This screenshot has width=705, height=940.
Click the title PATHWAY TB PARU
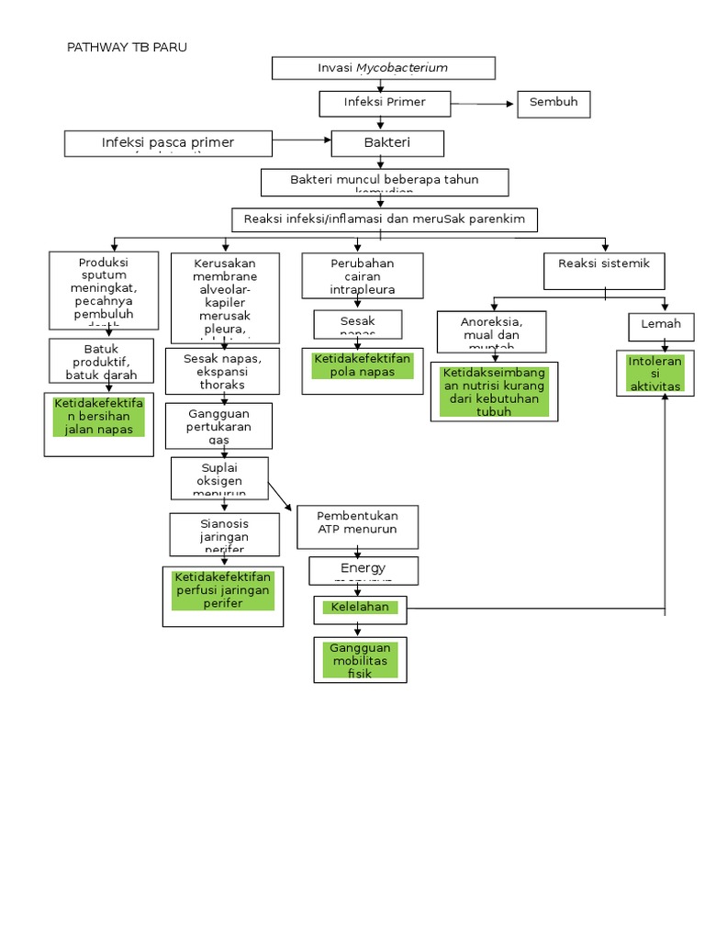click(128, 47)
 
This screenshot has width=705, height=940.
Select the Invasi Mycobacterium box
click(384, 68)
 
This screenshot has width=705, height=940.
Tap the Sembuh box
click(554, 103)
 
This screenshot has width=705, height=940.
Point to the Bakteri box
click(387, 143)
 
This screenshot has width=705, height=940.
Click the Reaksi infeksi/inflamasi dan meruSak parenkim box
click(384, 219)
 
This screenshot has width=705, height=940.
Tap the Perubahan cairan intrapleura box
click(363, 276)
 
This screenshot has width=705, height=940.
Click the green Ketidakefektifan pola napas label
click(363, 365)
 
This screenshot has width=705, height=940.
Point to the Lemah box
click(661, 325)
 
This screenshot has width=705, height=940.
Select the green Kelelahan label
click(361, 608)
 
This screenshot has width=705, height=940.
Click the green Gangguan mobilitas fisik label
click(360, 660)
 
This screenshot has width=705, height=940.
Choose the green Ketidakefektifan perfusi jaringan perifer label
click(222, 590)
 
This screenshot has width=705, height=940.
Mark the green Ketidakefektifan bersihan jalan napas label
click(99, 417)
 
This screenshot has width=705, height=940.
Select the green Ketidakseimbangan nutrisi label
click(494, 392)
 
